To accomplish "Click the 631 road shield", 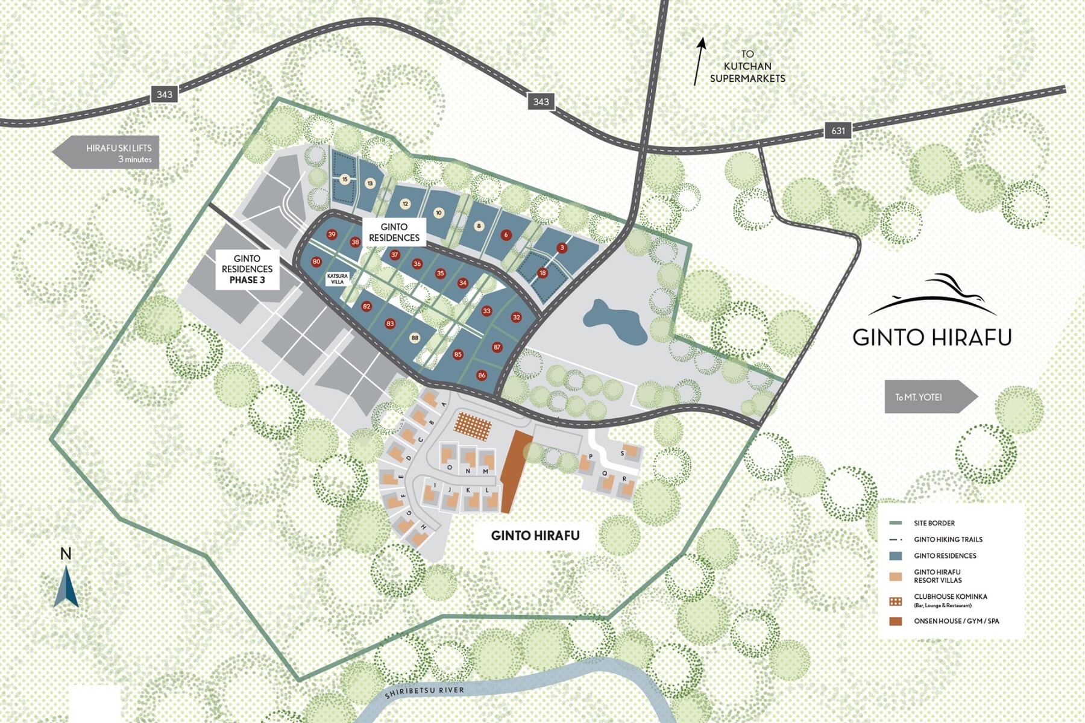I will pos(838,130).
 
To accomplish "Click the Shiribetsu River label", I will pos(425,692).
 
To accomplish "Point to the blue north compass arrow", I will pos(66,587).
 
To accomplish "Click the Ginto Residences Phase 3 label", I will pos(247,269).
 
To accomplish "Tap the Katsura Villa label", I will pos(338,279).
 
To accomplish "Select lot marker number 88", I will pos(415,338).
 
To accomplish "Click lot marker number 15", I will pos(345,179).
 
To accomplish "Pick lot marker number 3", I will pos(562,248).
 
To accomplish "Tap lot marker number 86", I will pos(482,375).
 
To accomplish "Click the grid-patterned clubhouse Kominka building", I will pos(473,427).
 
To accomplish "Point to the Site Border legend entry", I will pos(934,523).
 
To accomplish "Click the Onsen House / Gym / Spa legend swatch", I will pos(896,621).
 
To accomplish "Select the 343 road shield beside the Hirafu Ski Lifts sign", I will pos(164,94).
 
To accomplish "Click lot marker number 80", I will pos(316,261).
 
